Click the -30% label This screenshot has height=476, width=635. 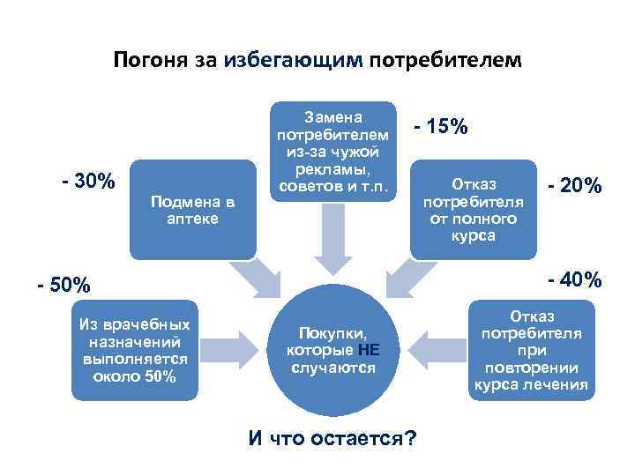point(88,182)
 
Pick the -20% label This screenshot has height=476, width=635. point(574,185)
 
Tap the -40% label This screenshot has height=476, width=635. point(574,279)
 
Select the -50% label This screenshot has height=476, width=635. point(63,286)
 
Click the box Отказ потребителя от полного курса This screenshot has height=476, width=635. point(474,210)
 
